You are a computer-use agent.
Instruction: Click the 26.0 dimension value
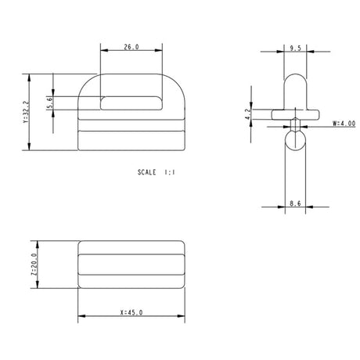tap(131, 48)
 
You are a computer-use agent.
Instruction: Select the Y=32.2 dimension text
tap(26, 113)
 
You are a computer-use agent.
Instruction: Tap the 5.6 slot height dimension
tap(50, 102)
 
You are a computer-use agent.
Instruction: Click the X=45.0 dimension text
tap(131, 312)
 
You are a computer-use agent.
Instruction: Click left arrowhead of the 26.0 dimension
tap(103, 53)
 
